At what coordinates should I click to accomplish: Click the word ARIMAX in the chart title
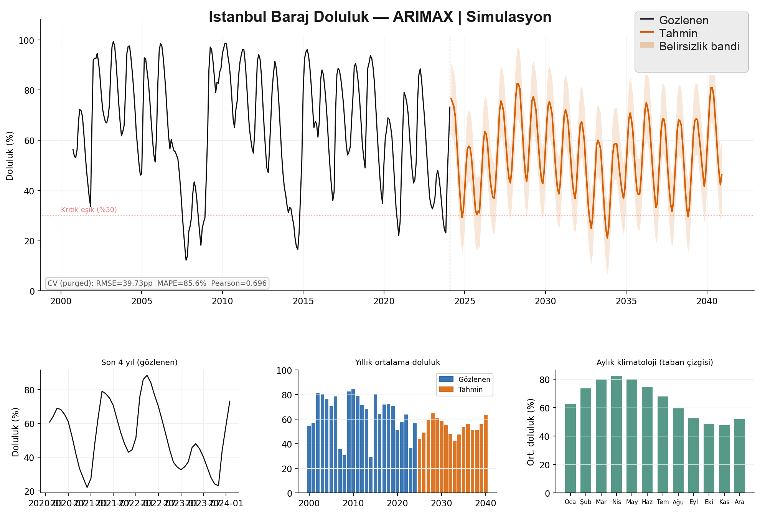(423, 17)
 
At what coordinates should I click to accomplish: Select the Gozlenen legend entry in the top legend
(683, 20)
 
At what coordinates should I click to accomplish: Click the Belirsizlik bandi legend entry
(699, 46)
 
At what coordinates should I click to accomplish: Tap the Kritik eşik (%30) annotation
(89, 210)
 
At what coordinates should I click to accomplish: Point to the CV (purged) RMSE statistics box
(157, 284)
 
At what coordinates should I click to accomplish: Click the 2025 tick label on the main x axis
(465, 302)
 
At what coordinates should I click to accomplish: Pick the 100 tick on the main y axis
(26, 41)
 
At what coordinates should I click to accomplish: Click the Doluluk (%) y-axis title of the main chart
(10, 156)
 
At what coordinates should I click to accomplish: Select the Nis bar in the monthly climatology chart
(616, 434)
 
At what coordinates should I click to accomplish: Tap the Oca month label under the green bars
(570, 502)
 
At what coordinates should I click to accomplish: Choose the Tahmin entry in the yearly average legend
(470, 390)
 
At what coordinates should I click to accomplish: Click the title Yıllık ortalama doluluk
(397, 363)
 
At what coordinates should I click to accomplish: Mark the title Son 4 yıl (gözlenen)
(139, 363)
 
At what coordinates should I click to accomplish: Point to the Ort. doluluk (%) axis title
(531, 432)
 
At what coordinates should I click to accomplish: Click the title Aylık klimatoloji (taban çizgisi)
(654, 363)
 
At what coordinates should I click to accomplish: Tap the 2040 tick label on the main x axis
(707, 302)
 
